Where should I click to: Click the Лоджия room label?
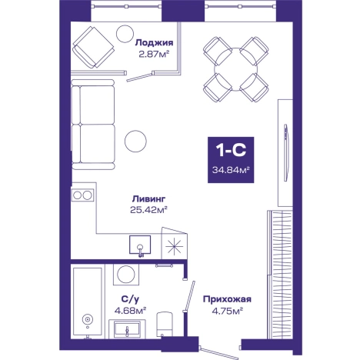[x=154, y=43]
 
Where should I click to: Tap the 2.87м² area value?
[x=154, y=55]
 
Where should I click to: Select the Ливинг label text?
[x=148, y=199]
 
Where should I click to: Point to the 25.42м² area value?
[x=148, y=210]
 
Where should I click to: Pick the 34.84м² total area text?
[x=231, y=170]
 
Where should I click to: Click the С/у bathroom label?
[x=130, y=299]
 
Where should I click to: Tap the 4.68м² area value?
[x=130, y=311]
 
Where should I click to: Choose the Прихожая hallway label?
[x=227, y=299]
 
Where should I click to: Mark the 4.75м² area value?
[x=227, y=311]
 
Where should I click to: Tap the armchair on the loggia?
[x=93, y=47]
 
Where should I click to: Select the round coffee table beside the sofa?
[x=135, y=141]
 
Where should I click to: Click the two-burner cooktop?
[x=82, y=195]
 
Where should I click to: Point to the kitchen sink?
[x=140, y=245]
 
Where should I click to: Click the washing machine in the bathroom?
[x=126, y=274]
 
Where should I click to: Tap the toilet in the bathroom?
[x=164, y=324]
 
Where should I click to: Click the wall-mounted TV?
[x=286, y=153]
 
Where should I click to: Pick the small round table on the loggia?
[x=125, y=34]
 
